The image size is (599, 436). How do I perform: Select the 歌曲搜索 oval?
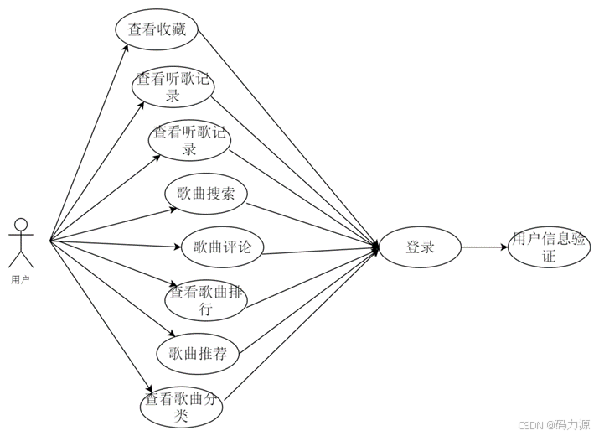[205, 195]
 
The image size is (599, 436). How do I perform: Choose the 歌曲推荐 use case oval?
[198, 353]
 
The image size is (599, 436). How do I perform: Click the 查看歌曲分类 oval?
[181, 406]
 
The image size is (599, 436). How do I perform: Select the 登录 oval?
[420, 247]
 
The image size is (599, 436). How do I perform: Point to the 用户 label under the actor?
[21, 278]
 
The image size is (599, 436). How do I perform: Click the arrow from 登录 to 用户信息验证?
[483, 247]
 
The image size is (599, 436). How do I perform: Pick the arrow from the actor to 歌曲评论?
[117, 244]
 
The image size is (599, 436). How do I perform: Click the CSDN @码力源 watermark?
[554, 425]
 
